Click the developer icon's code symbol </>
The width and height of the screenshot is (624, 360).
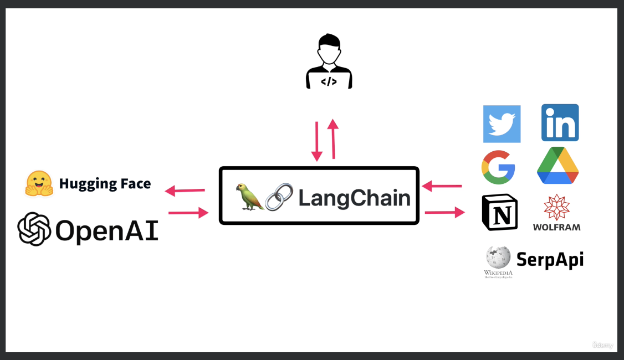329,81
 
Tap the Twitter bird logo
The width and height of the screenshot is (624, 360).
502,124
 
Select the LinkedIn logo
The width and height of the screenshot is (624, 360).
560,122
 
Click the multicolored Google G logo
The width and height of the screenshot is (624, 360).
498,167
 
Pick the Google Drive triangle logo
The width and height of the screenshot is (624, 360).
557,166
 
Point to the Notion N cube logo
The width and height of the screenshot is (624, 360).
499,212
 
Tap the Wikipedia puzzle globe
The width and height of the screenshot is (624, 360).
498,258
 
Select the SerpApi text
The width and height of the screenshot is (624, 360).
550,259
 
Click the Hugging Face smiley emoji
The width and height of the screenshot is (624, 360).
39,183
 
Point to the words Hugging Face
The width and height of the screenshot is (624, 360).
105,183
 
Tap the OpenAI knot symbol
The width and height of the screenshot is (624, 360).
34,229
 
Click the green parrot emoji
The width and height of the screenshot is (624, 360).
249,197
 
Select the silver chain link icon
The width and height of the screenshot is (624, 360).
279,197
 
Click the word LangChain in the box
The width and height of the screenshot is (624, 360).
355,198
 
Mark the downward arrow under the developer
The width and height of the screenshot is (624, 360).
317,141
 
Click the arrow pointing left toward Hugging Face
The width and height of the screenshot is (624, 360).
185,191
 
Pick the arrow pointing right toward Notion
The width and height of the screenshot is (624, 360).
445,212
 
